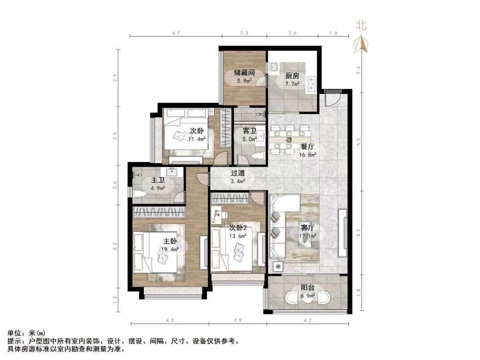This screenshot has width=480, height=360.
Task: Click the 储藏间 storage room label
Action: (244, 73)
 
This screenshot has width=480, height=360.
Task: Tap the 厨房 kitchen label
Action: (291, 75)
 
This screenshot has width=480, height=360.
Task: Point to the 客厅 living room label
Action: (307, 228)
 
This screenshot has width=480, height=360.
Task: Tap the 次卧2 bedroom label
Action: (238, 228)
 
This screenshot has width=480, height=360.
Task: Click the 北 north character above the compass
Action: (361, 25)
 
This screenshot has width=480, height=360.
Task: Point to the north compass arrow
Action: (361, 43)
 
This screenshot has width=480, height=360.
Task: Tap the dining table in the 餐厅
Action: (289, 138)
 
